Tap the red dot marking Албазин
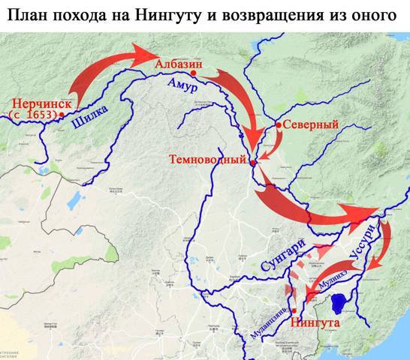[193, 74]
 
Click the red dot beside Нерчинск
[61, 114]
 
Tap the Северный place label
[308, 126]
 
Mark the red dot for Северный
[278, 124]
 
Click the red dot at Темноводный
[253, 162]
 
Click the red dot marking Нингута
[295, 310]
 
